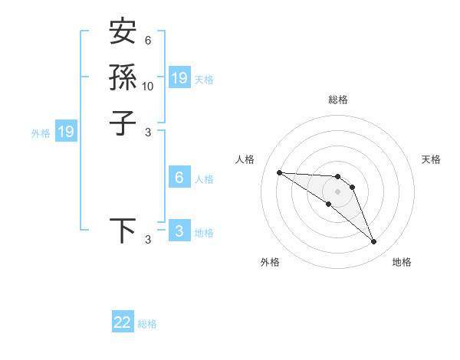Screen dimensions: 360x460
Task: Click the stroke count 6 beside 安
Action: [148, 41]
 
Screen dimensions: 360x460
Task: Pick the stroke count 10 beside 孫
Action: [148, 87]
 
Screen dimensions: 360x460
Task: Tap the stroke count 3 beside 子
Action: [148, 133]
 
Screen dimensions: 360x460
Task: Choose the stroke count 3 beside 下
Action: [148, 241]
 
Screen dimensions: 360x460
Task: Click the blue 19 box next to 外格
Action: [66, 132]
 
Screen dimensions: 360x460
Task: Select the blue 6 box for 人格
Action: [179, 178]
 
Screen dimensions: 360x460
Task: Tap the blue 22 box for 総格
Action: [123, 322]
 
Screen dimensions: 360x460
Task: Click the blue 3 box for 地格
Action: [179, 231]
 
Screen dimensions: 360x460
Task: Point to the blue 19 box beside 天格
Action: [179, 77]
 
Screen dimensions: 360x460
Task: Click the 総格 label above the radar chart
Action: [337, 100]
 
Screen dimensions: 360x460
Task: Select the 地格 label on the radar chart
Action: [402, 262]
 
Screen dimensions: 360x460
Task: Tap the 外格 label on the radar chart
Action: [270, 262]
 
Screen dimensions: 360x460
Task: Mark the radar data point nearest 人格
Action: [279, 172]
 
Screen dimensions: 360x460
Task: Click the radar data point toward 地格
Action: [374, 242]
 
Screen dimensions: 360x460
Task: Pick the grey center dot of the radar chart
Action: [337, 191]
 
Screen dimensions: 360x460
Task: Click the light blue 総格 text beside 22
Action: [148, 324]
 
